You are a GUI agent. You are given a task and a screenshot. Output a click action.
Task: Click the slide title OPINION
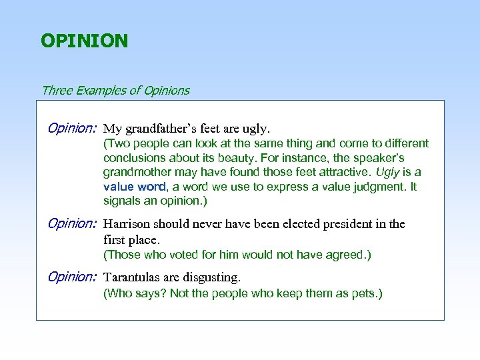click(x=84, y=41)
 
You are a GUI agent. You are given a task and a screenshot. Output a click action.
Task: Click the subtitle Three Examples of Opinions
click(x=115, y=90)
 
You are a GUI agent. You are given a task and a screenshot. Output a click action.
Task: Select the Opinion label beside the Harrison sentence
click(x=72, y=223)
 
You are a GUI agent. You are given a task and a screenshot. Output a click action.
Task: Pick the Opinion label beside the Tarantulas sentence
click(x=72, y=277)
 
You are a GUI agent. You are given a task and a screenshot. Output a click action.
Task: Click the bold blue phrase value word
click(x=133, y=187)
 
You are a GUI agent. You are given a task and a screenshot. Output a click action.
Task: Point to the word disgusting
click(x=212, y=277)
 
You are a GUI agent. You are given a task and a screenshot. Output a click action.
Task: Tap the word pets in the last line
click(x=364, y=293)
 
